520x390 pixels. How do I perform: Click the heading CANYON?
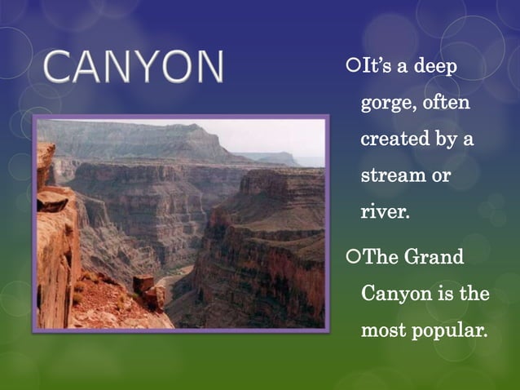click(134, 68)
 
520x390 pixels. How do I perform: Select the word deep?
click(437, 65)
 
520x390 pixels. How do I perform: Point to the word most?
click(383, 330)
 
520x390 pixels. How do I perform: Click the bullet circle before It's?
click(352, 65)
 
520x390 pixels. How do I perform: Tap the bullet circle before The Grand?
click(352, 258)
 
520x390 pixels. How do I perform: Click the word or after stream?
click(441, 176)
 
